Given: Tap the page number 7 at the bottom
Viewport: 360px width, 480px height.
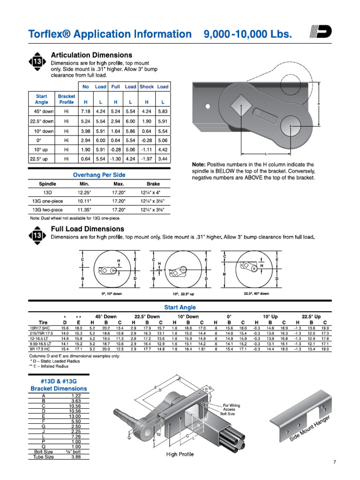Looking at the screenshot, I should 334,463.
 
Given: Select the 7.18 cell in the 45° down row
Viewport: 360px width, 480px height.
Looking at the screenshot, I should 85,112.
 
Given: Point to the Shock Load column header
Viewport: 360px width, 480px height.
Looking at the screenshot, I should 154,87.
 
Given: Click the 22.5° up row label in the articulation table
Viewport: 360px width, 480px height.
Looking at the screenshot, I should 41,159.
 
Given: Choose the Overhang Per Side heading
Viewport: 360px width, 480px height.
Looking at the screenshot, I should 99,175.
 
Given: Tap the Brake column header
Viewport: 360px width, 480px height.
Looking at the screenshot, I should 153,184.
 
